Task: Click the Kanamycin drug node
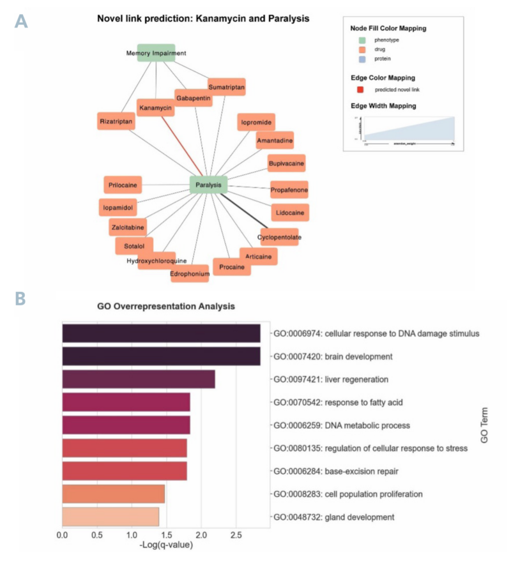[156, 107]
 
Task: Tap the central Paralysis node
[209, 186]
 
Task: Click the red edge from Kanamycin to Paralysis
[182, 147]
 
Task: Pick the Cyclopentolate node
[279, 237]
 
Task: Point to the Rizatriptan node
[117, 121]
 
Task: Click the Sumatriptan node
[227, 86]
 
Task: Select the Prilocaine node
[123, 185]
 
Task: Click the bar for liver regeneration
[138, 379]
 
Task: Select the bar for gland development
[110, 517]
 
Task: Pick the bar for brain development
[161, 356]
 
